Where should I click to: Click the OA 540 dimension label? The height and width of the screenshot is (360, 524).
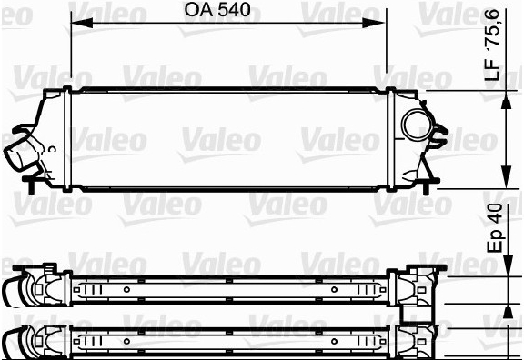(217, 10)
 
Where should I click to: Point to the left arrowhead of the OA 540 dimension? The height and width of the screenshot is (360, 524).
(82, 23)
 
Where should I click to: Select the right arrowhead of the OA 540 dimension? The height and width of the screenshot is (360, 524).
(374, 23)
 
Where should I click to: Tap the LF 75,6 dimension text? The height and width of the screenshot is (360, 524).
(492, 45)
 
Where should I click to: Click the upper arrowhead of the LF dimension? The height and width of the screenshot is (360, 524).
(507, 101)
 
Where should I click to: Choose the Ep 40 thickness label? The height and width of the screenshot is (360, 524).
(495, 227)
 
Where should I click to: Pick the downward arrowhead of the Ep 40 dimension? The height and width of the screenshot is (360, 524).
(508, 266)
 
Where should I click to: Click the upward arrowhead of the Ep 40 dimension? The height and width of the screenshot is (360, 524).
(508, 313)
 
